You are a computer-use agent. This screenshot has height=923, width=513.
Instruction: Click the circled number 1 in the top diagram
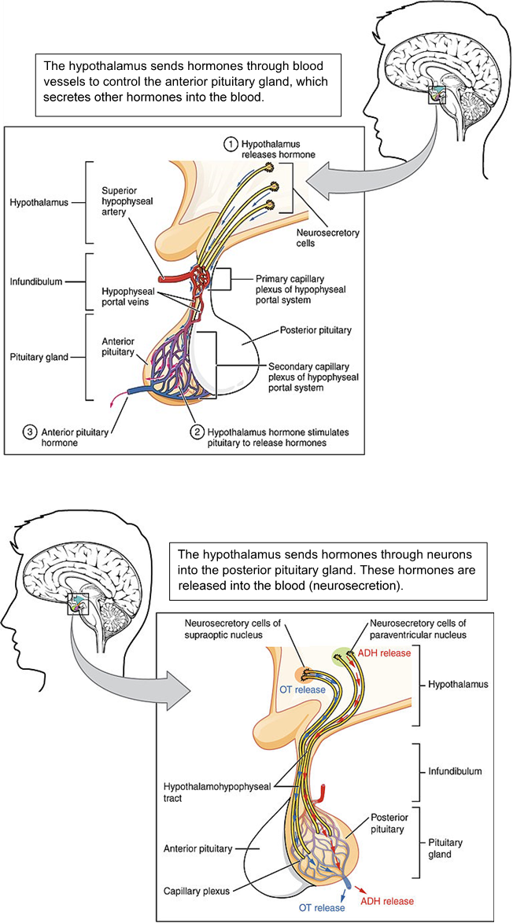pos(231,144)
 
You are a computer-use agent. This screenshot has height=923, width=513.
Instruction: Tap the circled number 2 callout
pos(197,432)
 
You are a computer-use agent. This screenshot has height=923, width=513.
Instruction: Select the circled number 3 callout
pos(30,432)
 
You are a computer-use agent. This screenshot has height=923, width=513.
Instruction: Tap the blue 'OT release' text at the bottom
pos(321,908)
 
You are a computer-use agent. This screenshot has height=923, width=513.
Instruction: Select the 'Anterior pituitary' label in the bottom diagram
pos(197,848)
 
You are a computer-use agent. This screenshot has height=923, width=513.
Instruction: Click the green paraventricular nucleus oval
pos(345,654)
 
